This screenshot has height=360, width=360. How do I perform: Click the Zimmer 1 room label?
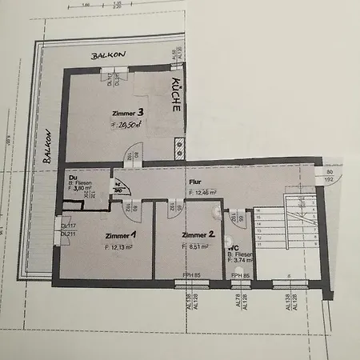coord(121,235)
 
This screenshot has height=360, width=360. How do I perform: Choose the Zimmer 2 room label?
coord(198,235)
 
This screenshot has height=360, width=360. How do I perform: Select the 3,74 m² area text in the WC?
coord(240,259)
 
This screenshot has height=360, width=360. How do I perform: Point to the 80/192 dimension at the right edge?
coord(329,176)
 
